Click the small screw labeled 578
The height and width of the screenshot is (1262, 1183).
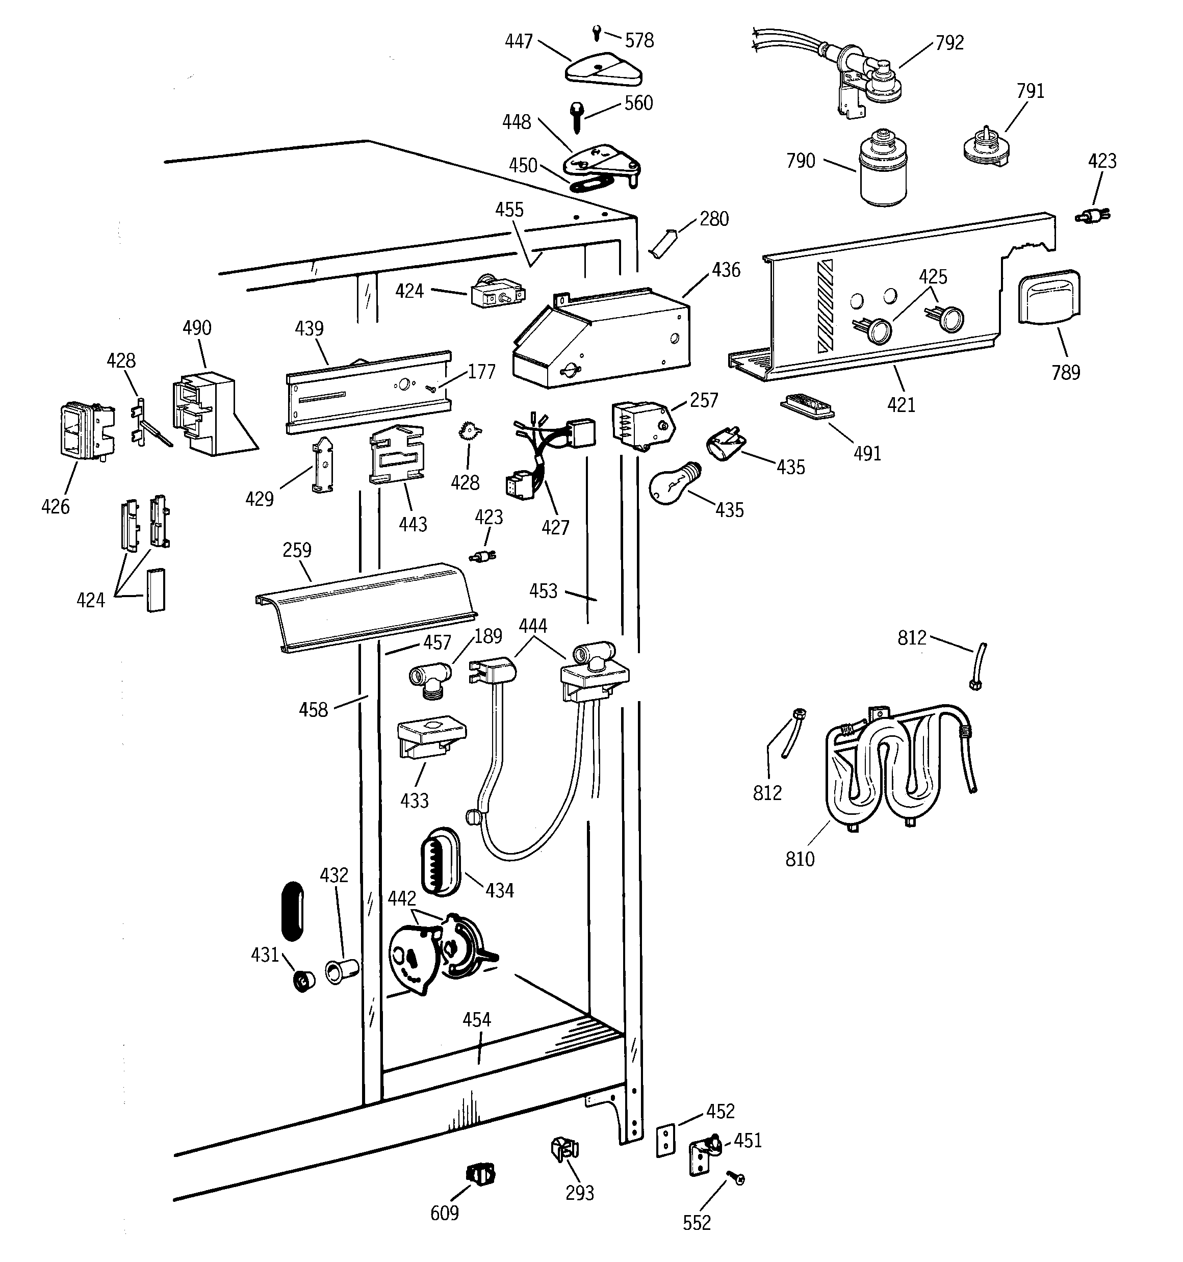[596, 32]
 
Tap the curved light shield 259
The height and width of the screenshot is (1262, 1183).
[367, 606]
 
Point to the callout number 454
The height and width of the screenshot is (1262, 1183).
[476, 1020]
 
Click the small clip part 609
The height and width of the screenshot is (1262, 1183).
[481, 1175]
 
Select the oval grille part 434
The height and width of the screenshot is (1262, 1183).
[441, 861]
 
